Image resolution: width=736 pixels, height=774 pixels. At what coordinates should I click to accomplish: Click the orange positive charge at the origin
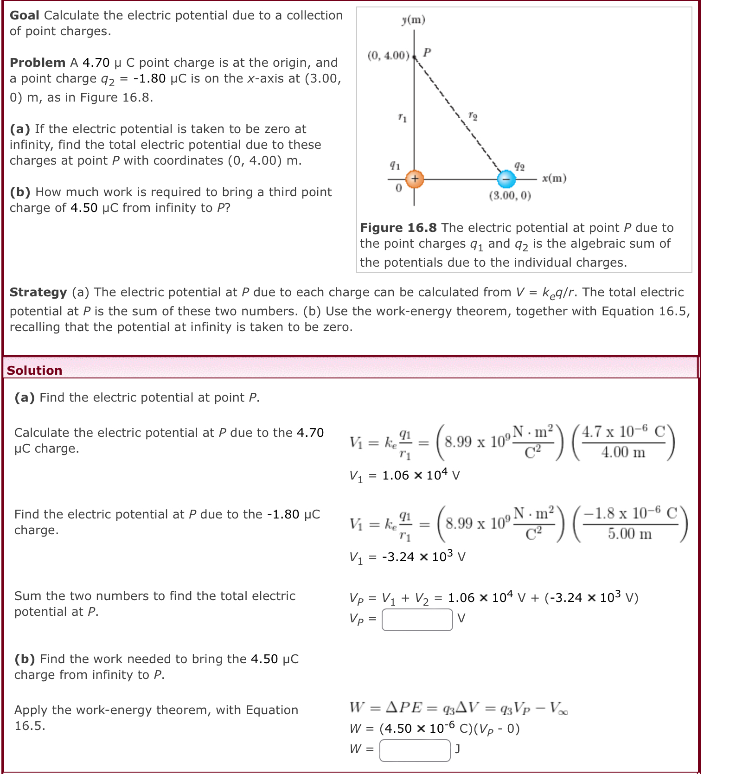click(x=415, y=179)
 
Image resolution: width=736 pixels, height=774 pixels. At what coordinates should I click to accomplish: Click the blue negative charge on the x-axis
click(x=506, y=179)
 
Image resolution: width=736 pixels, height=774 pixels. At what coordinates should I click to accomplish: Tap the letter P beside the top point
click(x=427, y=51)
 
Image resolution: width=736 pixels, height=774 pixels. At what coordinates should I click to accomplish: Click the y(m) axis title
click(x=413, y=19)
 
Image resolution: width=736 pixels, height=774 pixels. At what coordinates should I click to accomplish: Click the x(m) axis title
click(x=554, y=178)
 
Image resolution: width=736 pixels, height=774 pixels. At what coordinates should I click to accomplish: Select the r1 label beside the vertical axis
click(x=402, y=118)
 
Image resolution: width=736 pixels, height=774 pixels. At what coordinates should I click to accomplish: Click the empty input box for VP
click(x=417, y=619)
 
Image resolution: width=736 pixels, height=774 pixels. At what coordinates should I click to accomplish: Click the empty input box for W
click(x=415, y=750)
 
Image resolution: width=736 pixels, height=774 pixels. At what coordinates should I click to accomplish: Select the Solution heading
click(x=34, y=370)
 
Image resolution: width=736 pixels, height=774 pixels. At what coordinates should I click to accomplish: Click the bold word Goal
click(x=25, y=15)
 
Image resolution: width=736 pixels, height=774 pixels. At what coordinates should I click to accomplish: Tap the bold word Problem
click(x=38, y=63)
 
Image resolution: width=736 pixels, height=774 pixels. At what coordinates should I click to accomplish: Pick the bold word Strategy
click(x=38, y=292)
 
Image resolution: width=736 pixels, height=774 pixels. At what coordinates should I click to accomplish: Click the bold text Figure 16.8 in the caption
click(x=398, y=228)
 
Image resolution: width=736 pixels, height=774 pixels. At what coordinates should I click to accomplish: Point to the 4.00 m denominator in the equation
click(x=623, y=452)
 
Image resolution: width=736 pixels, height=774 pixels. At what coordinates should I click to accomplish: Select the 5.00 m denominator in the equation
click(x=630, y=534)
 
